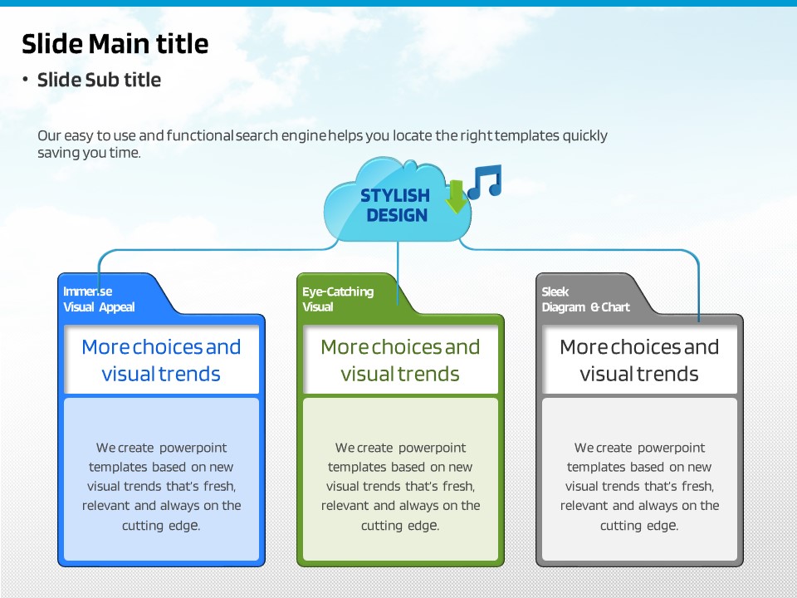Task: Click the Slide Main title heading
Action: pos(115,44)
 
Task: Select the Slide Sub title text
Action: pos(99,80)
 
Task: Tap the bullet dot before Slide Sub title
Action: pos(25,79)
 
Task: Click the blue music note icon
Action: pos(485,182)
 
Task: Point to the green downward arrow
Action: pos(456,196)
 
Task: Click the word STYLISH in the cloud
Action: pos(395,195)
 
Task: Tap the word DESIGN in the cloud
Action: pos(397,215)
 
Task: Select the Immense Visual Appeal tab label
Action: pos(99,299)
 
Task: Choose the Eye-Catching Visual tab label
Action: pos(338,299)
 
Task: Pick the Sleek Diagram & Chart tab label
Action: pos(585,299)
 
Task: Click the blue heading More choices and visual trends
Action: pos(161,360)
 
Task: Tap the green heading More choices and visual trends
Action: pos(400,360)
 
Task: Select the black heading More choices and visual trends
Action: pos(639,360)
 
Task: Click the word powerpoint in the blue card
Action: pos(193,448)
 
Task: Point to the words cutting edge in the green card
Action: pos(400,525)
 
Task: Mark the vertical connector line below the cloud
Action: pos(398,273)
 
